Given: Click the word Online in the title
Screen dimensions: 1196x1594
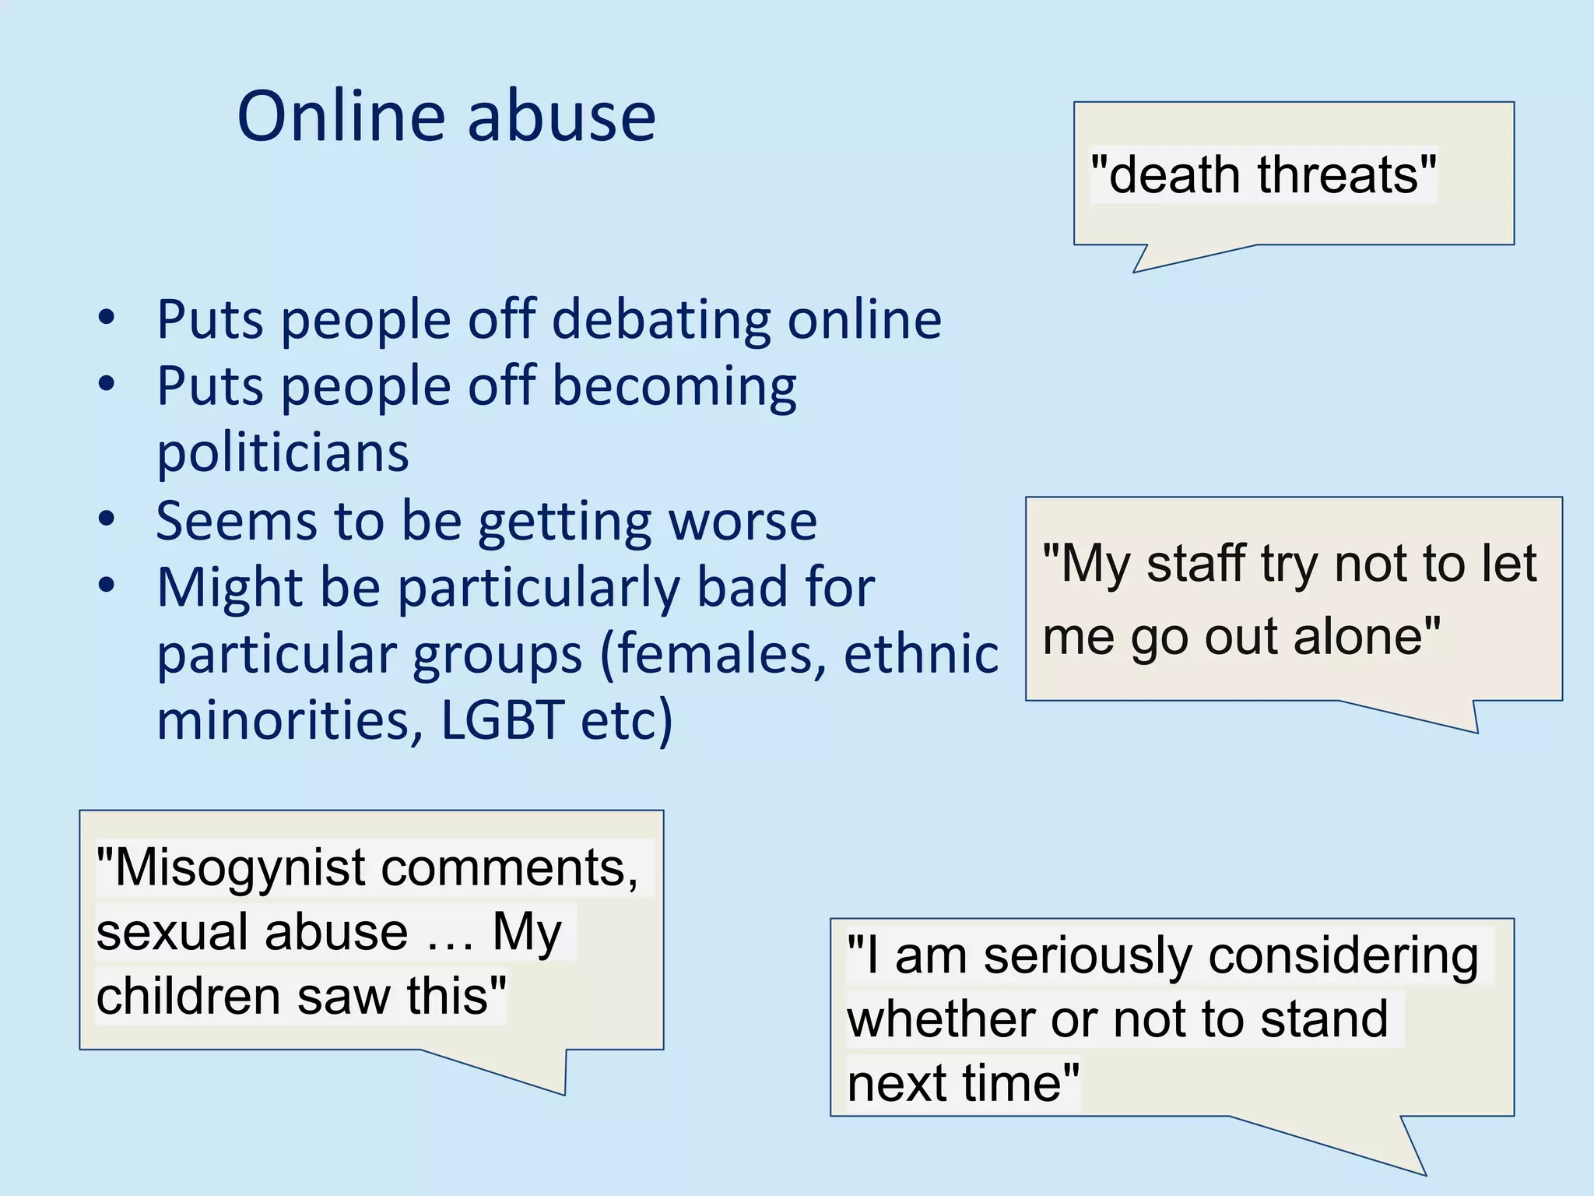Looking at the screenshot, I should (341, 117).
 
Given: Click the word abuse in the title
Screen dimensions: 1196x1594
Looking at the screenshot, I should (561, 117).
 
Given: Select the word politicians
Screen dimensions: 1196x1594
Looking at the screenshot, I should (283, 452).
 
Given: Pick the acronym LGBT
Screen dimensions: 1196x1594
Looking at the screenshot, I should (502, 719).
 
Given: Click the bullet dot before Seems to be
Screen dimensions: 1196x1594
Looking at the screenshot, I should (107, 519).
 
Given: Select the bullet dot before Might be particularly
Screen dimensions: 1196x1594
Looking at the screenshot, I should (107, 585).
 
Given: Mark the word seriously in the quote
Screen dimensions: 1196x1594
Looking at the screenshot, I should (1087, 955).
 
